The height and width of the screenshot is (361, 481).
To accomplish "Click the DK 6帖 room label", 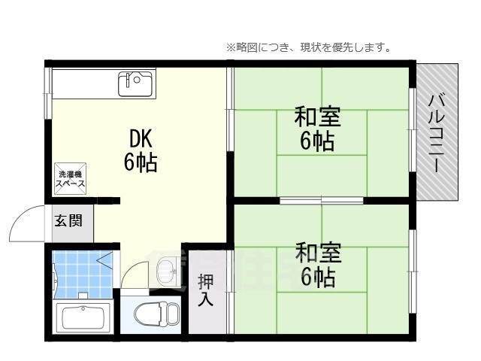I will click(141, 150).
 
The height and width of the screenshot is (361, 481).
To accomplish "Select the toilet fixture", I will click(159, 312).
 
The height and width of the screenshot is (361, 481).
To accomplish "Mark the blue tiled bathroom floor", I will click(79, 275).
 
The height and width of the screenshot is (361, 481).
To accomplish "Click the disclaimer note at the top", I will click(308, 47).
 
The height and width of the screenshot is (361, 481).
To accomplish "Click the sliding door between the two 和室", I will click(322, 199).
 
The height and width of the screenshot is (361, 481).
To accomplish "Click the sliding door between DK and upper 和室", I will click(230, 120).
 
